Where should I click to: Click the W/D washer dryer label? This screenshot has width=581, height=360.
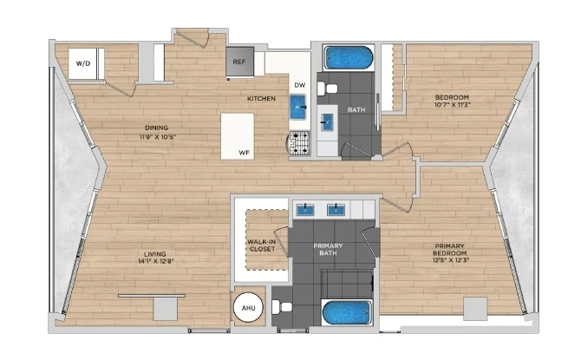(83, 63)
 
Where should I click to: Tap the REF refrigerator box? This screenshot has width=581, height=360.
(239, 62)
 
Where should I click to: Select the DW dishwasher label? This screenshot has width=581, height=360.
(300, 85)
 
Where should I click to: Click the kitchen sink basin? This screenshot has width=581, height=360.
(298, 107)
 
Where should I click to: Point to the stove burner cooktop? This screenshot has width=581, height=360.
(300, 143)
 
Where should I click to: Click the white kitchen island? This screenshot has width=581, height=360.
(237, 136)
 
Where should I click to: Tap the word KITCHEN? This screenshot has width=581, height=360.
(261, 98)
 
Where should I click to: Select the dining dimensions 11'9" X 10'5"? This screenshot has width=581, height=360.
(158, 137)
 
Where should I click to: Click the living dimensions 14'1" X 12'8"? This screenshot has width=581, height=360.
(155, 261)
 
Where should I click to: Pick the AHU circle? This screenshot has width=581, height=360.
(248, 308)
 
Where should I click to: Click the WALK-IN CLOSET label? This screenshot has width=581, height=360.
(262, 245)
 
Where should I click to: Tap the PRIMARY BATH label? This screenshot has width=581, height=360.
(328, 249)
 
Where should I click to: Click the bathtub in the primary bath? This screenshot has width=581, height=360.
(347, 312)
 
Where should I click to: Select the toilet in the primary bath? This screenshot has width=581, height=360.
(282, 307)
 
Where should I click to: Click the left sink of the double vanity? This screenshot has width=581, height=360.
(305, 210)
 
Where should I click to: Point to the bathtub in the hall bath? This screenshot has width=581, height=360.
(349, 57)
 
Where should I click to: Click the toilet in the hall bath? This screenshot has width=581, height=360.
(327, 88)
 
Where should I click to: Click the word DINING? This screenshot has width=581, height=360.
(157, 128)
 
